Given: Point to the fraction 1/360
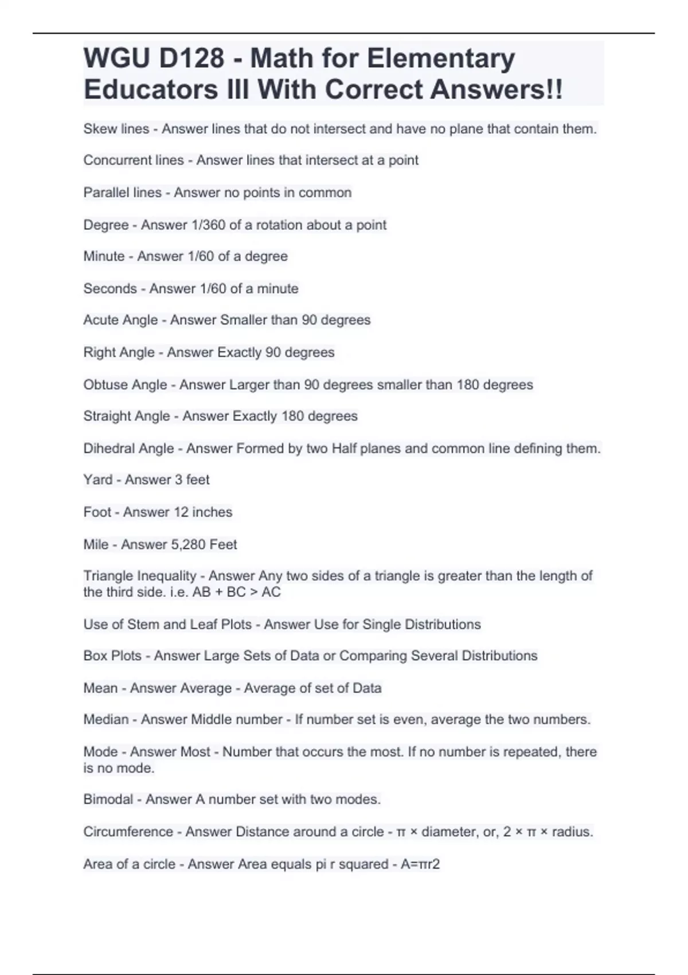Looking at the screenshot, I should (x=208, y=225).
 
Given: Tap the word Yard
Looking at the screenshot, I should (x=97, y=479).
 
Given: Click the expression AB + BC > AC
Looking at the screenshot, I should (x=236, y=592).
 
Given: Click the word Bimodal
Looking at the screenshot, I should (x=108, y=799).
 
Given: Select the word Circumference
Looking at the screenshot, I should (x=128, y=832).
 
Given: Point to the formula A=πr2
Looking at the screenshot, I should (x=420, y=864).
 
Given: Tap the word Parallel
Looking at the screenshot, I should (x=103, y=193).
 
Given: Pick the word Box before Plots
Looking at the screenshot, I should (x=95, y=656).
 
